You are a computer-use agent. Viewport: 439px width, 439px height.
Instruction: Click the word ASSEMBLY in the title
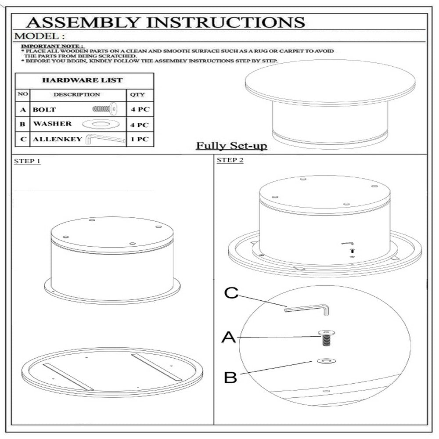click(x=83, y=22)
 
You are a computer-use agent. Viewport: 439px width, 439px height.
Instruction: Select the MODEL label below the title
click(x=40, y=36)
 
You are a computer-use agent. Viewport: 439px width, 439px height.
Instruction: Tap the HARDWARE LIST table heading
click(x=83, y=80)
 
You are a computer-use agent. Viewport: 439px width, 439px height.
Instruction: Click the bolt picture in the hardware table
click(x=105, y=108)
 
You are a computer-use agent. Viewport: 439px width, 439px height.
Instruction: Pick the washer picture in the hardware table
click(x=101, y=124)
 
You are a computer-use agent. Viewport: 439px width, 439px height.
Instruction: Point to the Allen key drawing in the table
click(x=105, y=139)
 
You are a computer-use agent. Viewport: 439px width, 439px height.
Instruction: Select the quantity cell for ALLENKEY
click(x=140, y=139)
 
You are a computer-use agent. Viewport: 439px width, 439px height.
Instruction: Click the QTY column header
click(x=137, y=94)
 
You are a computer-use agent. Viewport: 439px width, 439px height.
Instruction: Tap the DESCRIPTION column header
click(x=77, y=94)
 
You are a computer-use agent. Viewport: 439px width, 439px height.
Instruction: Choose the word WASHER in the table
click(x=52, y=123)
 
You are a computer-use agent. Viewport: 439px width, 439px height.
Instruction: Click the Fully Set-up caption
click(x=231, y=146)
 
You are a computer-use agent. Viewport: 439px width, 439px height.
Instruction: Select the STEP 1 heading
click(x=27, y=161)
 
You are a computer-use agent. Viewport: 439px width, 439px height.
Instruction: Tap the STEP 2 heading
click(x=230, y=160)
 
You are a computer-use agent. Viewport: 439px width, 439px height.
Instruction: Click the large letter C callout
click(x=231, y=293)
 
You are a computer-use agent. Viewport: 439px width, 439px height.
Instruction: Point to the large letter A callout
click(x=229, y=337)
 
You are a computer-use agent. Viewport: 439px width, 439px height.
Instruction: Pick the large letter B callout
click(x=230, y=377)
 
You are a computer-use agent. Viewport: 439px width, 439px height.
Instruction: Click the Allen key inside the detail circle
click(x=307, y=309)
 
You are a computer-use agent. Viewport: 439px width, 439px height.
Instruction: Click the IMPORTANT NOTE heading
click(x=52, y=46)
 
